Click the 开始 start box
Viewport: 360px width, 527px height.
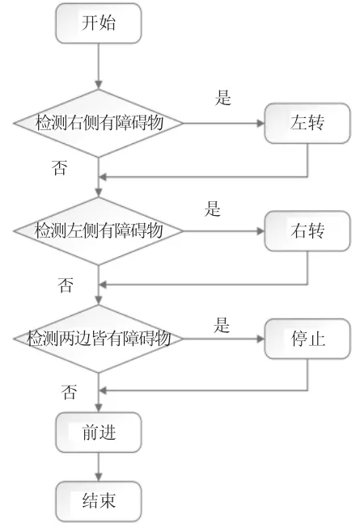(98, 23)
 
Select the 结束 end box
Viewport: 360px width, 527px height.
(98, 501)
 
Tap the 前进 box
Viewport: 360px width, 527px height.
(98, 432)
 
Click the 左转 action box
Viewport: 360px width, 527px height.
(307, 123)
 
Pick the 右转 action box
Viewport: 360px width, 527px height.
(307, 231)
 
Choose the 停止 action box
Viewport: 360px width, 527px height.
(307, 339)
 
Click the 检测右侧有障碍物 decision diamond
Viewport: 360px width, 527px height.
(98, 123)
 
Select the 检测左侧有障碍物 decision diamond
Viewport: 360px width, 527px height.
(98, 231)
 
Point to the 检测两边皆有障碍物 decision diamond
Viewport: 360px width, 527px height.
(98, 339)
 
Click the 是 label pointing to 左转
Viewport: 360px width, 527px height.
(223, 98)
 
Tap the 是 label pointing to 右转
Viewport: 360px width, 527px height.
(212, 209)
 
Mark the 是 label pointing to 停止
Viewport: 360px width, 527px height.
(222, 325)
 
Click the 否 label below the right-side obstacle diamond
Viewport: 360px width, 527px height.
(60, 167)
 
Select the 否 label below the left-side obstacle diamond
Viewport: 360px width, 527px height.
(66, 285)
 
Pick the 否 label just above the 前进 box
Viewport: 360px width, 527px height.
(69, 392)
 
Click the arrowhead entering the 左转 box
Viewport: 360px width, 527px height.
(260, 124)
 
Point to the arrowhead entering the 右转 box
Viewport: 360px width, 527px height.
(260, 231)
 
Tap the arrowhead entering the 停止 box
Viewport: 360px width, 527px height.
(260, 339)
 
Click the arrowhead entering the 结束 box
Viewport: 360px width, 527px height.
(98, 477)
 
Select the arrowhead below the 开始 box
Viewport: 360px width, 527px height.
(98, 85)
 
